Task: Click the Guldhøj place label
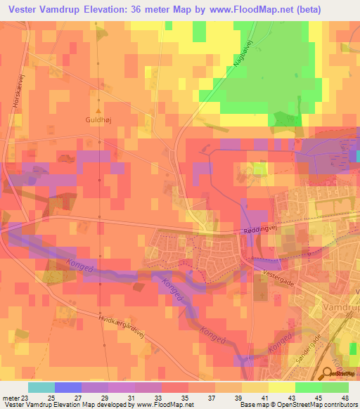(99, 120)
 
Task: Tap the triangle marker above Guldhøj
(99, 110)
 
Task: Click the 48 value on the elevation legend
(345, 397)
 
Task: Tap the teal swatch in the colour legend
(41, 387)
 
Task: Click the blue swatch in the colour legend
(67, 387)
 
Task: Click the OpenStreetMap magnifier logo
(330, 375)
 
